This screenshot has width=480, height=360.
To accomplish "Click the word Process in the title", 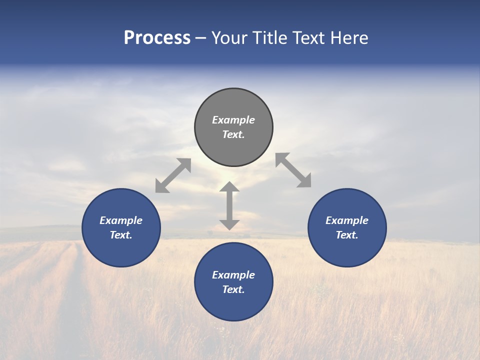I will point(157,38).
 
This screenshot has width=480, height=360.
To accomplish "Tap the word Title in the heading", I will point(269,38).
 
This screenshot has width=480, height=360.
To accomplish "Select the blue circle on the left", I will point(121,250).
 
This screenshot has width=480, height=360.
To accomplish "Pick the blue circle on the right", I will point(347,250).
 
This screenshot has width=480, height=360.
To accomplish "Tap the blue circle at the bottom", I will point(233,305).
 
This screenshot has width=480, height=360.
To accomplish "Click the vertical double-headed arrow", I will point(229,206).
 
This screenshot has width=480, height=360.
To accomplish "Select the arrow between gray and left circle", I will point(173,175).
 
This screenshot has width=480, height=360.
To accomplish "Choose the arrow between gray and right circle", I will point(293,170).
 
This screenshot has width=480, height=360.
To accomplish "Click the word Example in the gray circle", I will point(233,120).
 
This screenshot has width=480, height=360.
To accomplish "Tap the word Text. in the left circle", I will point(121,235).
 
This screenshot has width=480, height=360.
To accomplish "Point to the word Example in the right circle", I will point(347,220).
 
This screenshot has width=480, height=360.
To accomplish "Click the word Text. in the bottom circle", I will point(233,289).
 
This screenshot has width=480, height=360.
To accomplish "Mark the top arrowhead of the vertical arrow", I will point(229,187).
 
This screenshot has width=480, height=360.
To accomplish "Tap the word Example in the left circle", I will point(121,220).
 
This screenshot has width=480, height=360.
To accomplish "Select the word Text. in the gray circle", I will point(233,134).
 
